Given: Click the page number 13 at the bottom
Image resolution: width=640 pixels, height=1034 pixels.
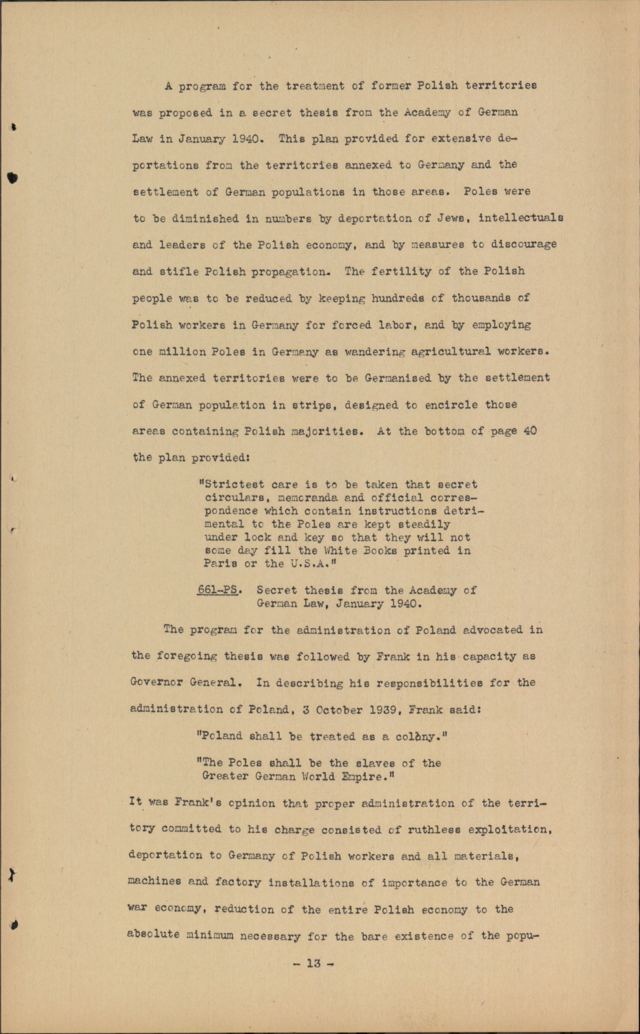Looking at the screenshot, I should (313, 963).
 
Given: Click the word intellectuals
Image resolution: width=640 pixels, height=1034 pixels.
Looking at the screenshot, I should (521, 218).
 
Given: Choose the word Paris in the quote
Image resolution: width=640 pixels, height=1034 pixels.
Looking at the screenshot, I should (220, 564).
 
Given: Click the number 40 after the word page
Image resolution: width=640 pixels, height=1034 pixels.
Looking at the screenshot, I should (530, 431).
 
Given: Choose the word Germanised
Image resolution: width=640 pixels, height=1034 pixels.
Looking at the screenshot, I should (398, 378).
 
